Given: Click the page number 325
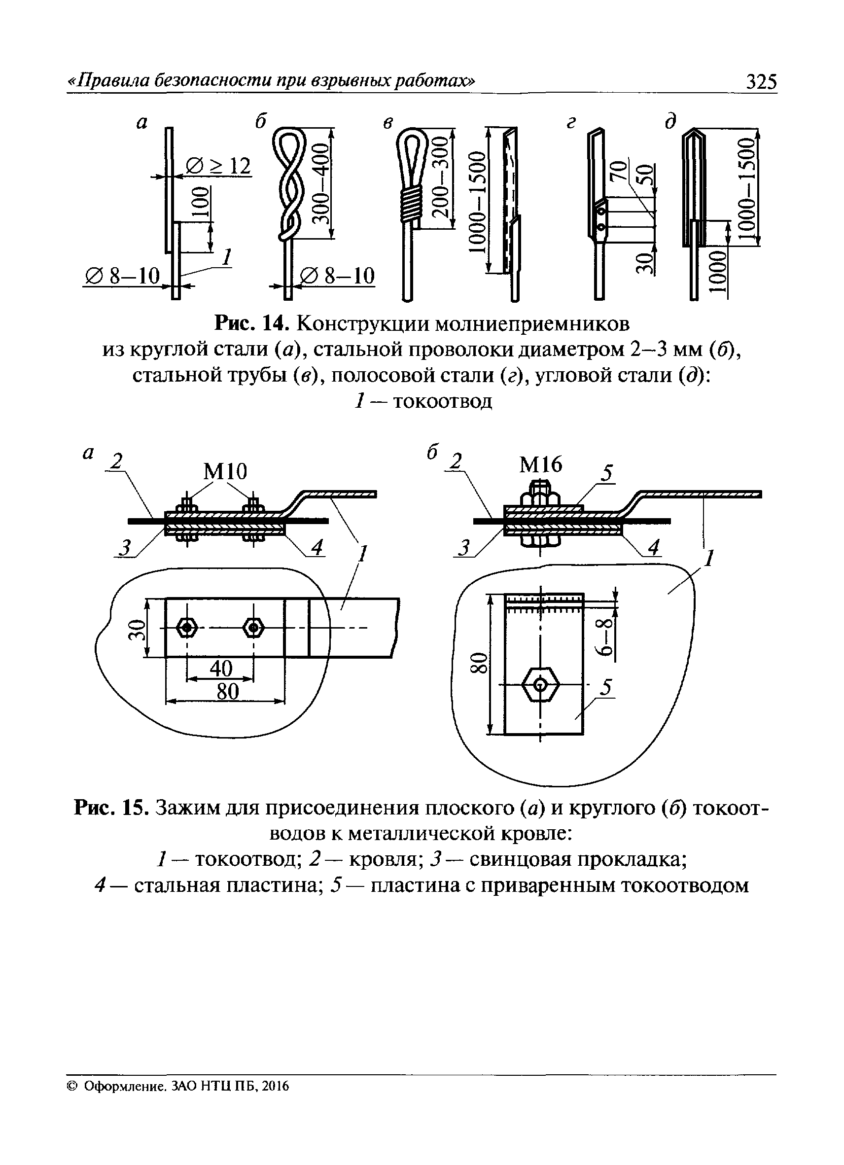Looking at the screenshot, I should [761, 82].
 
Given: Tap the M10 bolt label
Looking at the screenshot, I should [225, 471].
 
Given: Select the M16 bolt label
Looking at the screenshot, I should [540, 465].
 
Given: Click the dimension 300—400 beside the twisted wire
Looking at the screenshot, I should [321, 183].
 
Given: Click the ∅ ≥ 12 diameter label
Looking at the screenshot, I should [218, 166].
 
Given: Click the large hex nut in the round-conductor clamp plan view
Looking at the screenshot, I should [540, 685].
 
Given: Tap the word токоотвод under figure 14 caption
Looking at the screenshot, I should [442, 401].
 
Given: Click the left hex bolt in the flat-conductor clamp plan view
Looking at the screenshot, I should [187, 627].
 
